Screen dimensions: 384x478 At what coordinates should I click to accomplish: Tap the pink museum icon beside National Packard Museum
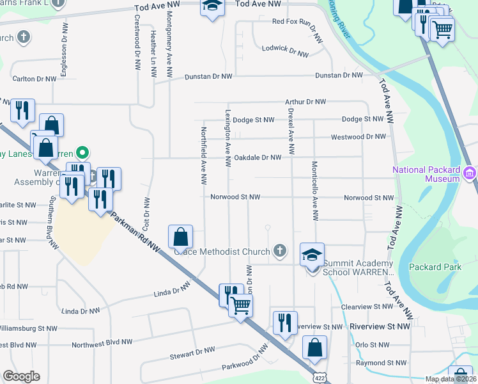(470, 173)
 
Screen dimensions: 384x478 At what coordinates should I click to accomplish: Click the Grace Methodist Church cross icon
(279, 250)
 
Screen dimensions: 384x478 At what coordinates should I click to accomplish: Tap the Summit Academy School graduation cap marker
(312, 255)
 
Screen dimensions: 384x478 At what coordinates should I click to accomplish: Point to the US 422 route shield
(318, 379)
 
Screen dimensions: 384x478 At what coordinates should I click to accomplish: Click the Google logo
(21, 376)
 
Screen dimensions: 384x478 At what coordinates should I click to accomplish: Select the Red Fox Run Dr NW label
(295, 21)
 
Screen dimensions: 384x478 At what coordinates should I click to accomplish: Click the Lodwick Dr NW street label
(285, 49)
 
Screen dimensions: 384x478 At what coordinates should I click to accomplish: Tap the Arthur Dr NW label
(305, 102)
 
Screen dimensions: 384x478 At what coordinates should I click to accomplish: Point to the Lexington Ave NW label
(227, 136)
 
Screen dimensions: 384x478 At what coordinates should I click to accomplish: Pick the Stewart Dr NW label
(192, 351)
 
